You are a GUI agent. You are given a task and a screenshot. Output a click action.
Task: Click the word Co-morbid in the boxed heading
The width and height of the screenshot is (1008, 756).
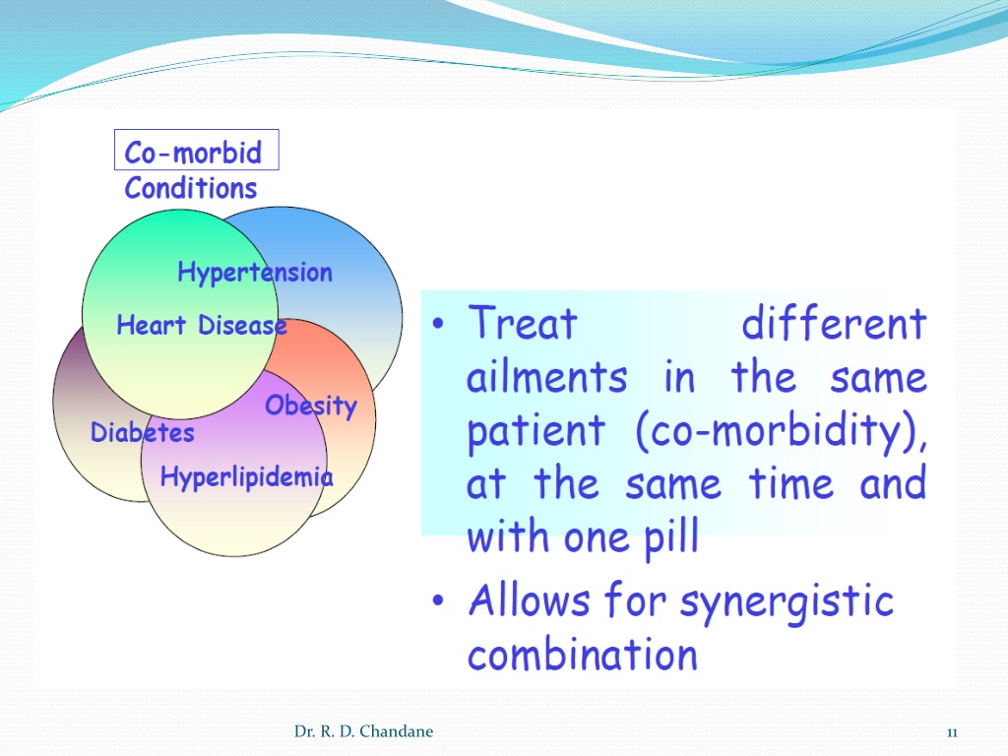click(193, 153)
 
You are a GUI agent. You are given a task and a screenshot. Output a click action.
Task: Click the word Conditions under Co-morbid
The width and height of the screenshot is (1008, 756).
click(191, 188)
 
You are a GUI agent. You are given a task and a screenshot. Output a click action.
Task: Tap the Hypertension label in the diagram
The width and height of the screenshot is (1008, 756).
click(255, 273)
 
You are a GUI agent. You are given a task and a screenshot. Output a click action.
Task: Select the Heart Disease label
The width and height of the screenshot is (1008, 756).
click(202, 325)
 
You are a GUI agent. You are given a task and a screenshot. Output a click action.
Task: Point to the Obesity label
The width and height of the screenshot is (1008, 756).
click(311, 406)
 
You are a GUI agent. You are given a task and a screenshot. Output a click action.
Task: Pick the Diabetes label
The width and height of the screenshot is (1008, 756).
click(143, 432)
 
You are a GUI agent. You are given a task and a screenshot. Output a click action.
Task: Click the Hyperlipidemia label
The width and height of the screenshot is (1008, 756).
click(247, 477)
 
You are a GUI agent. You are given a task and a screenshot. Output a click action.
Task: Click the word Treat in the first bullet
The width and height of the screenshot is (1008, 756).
click(523, 322)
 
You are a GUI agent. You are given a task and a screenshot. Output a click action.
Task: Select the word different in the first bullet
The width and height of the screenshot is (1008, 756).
click(834, 322)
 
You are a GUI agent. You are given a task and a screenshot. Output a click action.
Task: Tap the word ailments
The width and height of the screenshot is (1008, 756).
click(546, 376)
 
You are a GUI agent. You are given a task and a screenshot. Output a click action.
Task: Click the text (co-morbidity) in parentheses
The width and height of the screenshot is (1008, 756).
click(782, 431)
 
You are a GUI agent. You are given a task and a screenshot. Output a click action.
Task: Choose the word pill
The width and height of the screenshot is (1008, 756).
click(671, 537)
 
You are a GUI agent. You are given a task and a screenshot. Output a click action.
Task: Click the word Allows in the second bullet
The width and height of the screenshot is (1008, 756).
click(529, 599)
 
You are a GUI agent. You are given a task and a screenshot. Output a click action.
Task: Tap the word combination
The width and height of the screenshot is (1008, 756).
click(583, 655)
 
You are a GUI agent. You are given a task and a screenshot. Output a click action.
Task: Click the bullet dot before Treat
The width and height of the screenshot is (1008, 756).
click(438, 323)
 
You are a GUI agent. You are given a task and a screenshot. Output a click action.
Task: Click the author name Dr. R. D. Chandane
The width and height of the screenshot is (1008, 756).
click(364, 731)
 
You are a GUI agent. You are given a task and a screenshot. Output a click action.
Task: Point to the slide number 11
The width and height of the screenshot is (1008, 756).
click(952, 732)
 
